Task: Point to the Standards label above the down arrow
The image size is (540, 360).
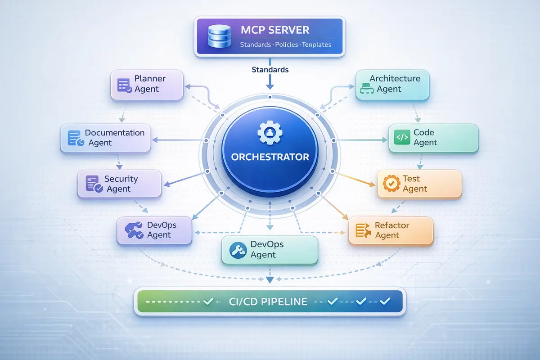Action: coord(270,70)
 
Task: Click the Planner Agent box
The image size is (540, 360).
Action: coord(147,84)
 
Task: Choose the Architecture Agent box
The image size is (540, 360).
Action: coord(392,84)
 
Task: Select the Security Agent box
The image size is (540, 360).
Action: coord(119,184)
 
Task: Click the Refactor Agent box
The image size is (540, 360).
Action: coord(391,230)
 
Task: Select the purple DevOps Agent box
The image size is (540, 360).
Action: coord(154,230)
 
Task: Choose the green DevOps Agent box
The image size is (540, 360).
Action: coord(270,250)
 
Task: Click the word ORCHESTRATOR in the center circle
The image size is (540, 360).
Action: coord(270,157)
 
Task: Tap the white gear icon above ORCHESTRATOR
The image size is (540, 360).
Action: coord(270,132)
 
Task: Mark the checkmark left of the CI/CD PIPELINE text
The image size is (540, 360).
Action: coord(208,301)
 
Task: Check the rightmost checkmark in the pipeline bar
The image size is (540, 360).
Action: coord(385,301)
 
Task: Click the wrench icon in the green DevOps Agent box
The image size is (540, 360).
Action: coord(237,250)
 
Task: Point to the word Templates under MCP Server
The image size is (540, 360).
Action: coord(316,45)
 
